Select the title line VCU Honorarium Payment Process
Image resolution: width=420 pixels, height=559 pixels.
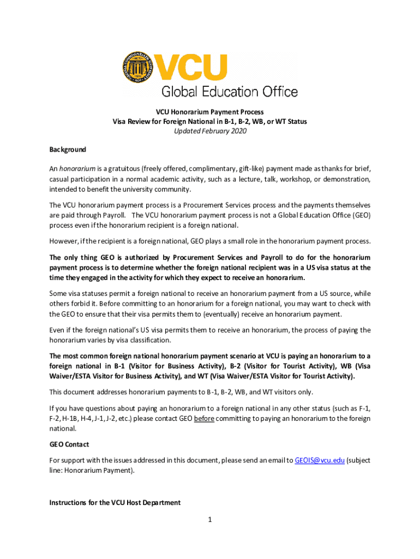[209, 112]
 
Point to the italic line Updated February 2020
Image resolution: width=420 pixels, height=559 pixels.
[209, 131]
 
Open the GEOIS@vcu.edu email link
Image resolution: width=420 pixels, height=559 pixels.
[320, 460]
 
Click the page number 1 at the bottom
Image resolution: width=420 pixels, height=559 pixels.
[209, 519]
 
